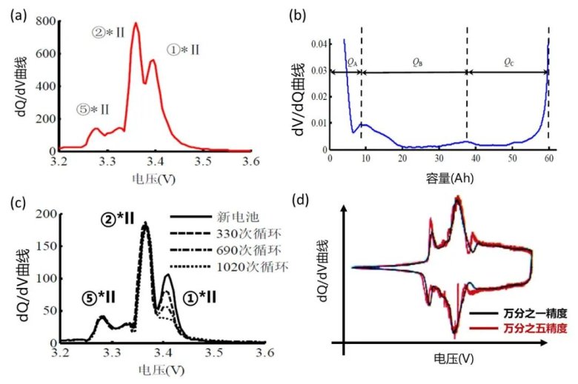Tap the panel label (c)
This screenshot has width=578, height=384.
point(17,204)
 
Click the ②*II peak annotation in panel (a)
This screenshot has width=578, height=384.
point(108,32)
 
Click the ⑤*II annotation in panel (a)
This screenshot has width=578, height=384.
point(93,110)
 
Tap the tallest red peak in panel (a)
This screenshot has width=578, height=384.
point(136,24)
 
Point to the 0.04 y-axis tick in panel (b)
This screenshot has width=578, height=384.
point(320,44)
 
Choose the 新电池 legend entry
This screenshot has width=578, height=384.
point(233,217)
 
